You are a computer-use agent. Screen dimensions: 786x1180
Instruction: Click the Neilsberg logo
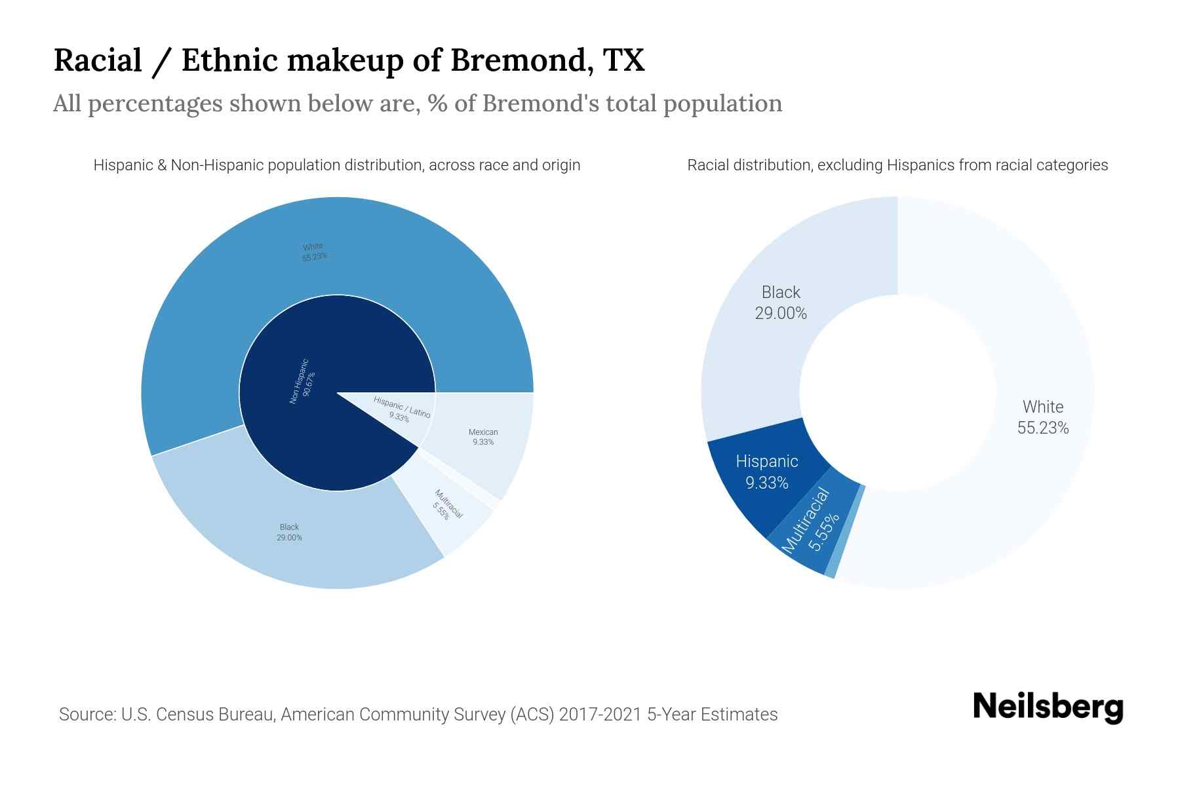(1048, 707)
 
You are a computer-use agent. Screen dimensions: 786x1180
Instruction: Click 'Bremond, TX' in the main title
(547, 60)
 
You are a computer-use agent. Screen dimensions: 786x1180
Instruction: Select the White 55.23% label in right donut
(1042, 417)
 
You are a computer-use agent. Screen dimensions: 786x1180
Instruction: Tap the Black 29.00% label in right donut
(780, 303)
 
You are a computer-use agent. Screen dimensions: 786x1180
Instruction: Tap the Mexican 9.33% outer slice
(482, 437)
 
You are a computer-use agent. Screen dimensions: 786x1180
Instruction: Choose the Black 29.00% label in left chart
(289, 532)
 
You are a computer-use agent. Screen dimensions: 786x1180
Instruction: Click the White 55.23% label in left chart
(314, 252)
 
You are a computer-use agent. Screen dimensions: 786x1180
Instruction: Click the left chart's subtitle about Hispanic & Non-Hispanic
(336, 165)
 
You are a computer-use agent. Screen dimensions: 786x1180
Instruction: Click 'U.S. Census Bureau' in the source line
(197, 714)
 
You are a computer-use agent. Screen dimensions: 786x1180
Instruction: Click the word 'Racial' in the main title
(98, 60)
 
